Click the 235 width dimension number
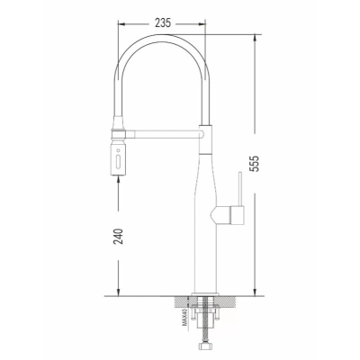pos(163,22)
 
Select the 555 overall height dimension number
pos(254,164)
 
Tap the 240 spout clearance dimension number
pos(119,236)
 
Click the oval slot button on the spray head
pos(118,160)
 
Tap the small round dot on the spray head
pos(118,149)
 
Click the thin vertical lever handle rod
pos(240,189)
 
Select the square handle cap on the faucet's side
pos(238,215)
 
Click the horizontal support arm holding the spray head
pos(165,134)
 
